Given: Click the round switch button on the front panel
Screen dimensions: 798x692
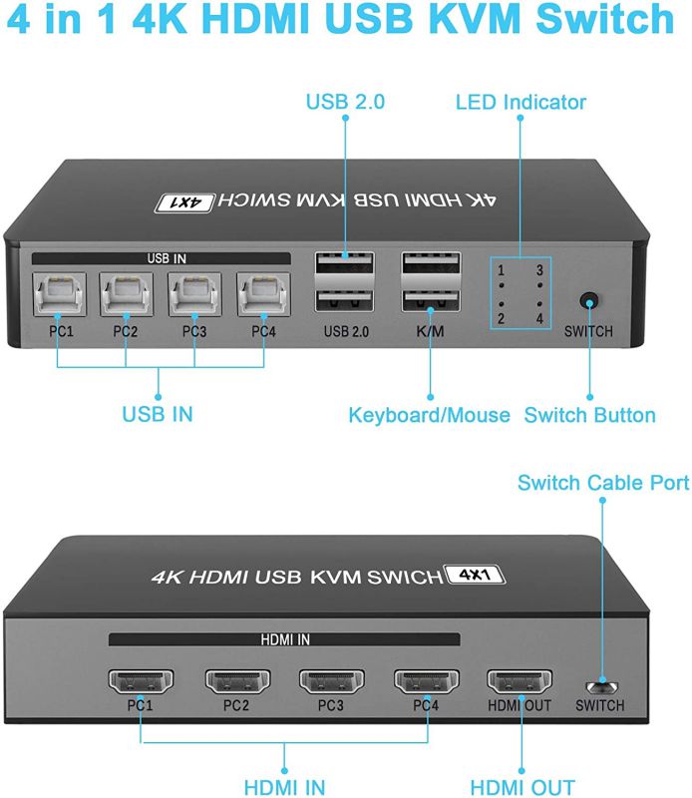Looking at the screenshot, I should coord(589,300).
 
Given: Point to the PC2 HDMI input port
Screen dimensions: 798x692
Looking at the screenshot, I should coord(236,681).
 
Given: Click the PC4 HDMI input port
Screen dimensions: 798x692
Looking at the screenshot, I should coord(426,681).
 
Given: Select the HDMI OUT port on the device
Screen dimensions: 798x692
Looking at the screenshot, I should coord(519,681).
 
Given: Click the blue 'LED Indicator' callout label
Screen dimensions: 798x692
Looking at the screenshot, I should coord(520,102).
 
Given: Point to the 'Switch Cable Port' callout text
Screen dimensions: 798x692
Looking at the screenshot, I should coord(603,483).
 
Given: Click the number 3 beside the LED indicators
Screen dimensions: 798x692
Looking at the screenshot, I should coord(540,270).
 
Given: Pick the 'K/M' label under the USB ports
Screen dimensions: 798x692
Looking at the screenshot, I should coord(429,331).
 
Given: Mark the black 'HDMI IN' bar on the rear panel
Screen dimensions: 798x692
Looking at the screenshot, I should coord(284,638).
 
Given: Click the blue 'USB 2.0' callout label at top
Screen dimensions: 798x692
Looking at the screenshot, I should coord(345,102).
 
